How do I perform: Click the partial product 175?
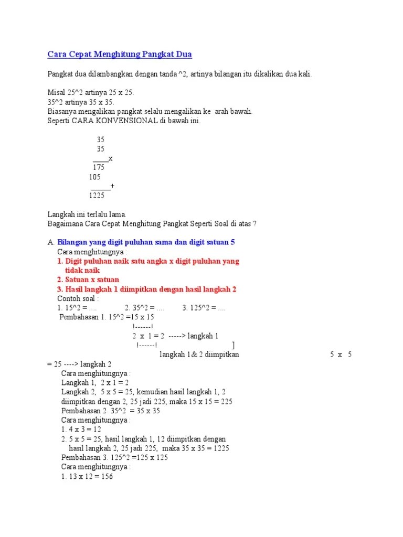[x=99, y=167]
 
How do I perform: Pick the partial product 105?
[x=94, y=177]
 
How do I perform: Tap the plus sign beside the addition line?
[x=112, y=186]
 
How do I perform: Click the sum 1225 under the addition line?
[x=97, y=196]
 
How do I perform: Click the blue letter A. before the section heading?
[x=50, y=242]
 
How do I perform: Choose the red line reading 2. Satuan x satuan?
[x=88, y=280]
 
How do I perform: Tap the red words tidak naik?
[x=82, y=270]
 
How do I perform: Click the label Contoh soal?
[x=79, y=298]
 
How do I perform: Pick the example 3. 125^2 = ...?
[x=204, y=308]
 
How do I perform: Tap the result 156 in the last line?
[x=106, y=477]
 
